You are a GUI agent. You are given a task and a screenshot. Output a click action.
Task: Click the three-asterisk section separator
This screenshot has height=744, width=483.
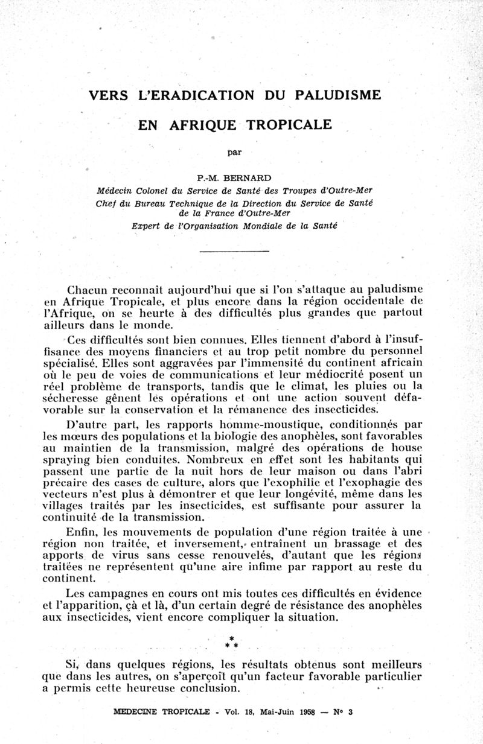[x=231, y=642]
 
